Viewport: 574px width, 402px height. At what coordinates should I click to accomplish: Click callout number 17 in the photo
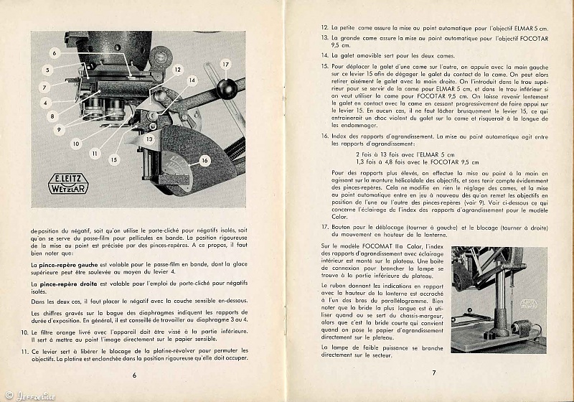tap(225, 65)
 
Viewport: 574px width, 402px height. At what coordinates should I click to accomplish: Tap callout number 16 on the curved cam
tap(204, 162)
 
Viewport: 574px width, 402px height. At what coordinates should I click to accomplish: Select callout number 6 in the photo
tap(54, 52)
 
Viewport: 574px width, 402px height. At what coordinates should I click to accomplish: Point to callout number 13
tap(149, 139)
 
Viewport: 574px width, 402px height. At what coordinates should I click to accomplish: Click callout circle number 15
tap(115, 160)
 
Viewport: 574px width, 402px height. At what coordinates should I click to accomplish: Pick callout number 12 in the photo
tap(177, 70)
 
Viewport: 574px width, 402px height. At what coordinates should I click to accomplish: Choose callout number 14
tap(192, 81)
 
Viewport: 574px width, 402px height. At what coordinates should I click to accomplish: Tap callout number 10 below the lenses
tap(75, 144)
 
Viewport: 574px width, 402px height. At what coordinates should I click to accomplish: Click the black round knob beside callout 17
tap(227, 88)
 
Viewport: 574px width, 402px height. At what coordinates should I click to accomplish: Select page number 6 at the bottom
tap(134, 374)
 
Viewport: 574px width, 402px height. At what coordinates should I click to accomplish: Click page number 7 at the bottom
tap(433, 372)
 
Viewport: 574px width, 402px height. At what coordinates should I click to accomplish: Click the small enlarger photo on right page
tap(498, 299)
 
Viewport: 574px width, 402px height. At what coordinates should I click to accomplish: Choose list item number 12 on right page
tap(325, 27)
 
